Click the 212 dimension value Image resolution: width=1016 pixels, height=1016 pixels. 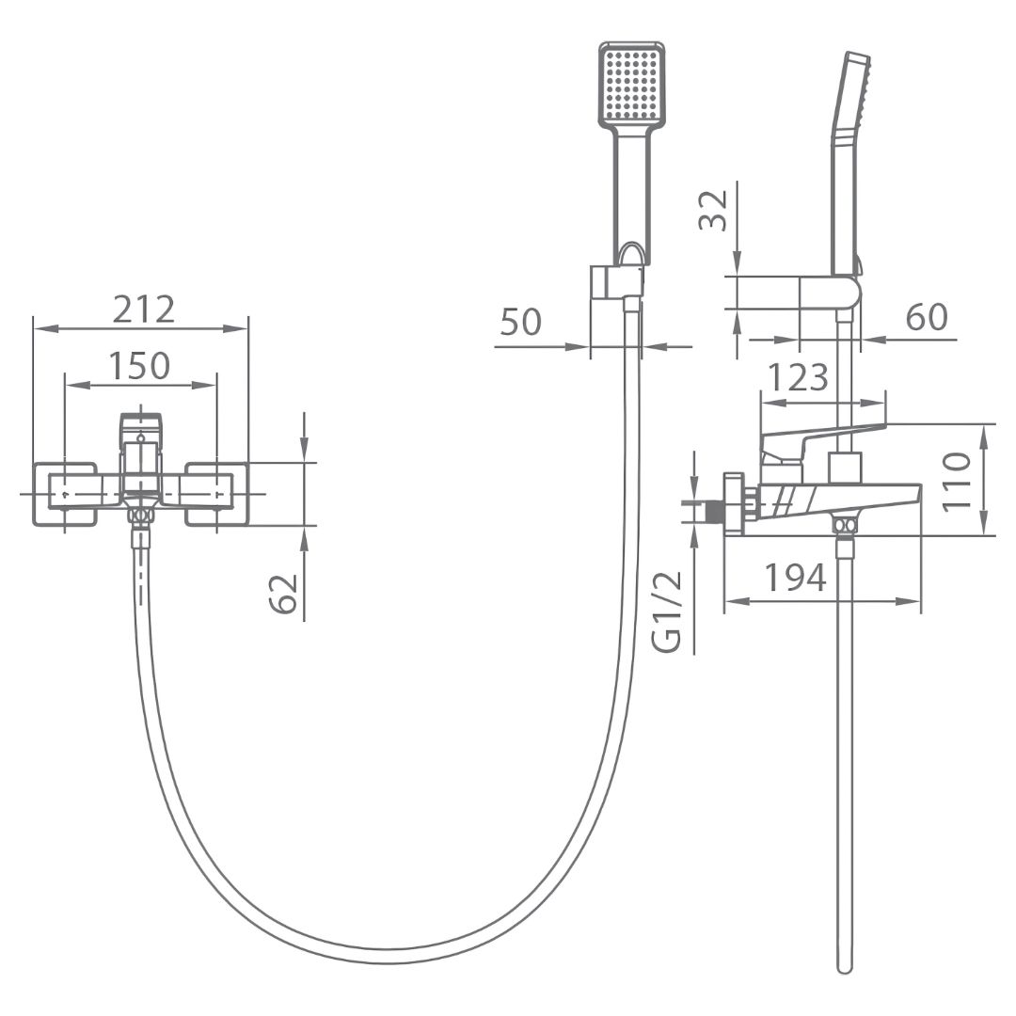coord(144,310)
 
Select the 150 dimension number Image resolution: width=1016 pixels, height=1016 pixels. coord(139,365)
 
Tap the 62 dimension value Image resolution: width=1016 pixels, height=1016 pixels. coord(283,594)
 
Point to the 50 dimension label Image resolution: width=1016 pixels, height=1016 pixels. coord(520,322)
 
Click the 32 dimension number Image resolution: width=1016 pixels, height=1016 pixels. coord(713,210)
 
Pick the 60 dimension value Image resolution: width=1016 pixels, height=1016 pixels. coord(927,317)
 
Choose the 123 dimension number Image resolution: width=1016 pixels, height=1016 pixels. coord(798,377)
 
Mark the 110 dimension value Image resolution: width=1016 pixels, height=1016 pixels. coord(957,482)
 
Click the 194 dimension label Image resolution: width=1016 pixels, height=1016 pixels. coord(796,578)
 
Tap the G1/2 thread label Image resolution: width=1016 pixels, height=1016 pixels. coord(667,611)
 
